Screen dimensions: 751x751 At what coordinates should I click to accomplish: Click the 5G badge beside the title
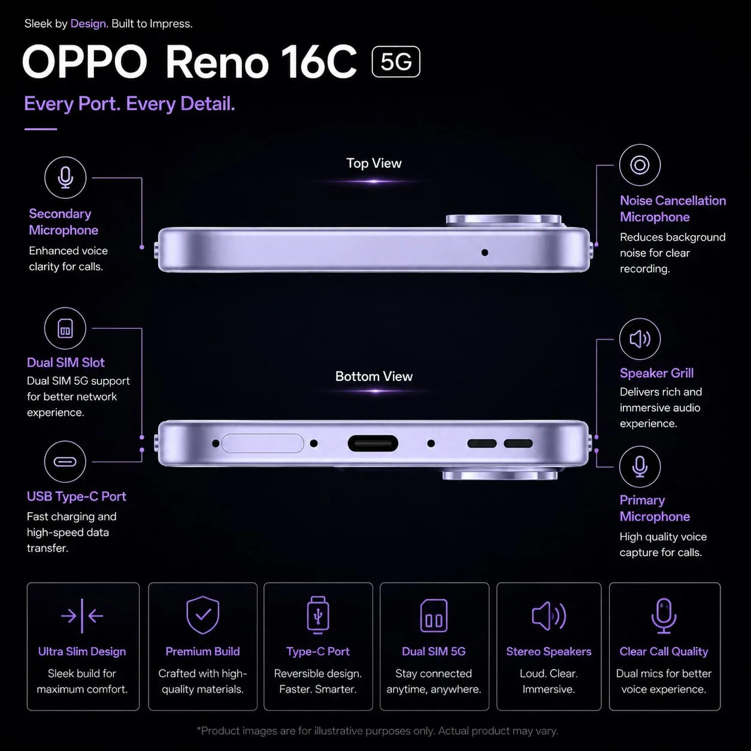(396, 62)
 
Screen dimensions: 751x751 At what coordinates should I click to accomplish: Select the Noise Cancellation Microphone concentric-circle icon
(640, 165)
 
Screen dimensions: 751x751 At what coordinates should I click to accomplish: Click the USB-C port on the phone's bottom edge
(373, 444)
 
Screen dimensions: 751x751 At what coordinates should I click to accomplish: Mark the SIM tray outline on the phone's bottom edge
(263, 443)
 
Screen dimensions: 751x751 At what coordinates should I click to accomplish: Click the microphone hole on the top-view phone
(485, 253)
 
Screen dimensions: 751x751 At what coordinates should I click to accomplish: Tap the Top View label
(374, 163)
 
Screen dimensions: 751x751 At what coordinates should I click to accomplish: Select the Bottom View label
(374, 377)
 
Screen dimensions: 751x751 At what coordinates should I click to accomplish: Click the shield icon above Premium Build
(202, 615)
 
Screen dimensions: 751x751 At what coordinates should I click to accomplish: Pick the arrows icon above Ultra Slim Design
(82, 616)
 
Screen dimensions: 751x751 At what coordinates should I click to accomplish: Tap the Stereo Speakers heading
(549, 652)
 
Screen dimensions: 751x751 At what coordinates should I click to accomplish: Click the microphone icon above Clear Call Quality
(664, 616)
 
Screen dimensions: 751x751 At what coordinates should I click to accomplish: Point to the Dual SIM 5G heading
(434, 652)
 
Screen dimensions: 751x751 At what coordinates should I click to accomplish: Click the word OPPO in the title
(85, 62)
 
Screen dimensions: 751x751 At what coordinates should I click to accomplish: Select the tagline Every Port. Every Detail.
(130, 104)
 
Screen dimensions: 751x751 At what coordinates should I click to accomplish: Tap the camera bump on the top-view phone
(504, 220)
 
